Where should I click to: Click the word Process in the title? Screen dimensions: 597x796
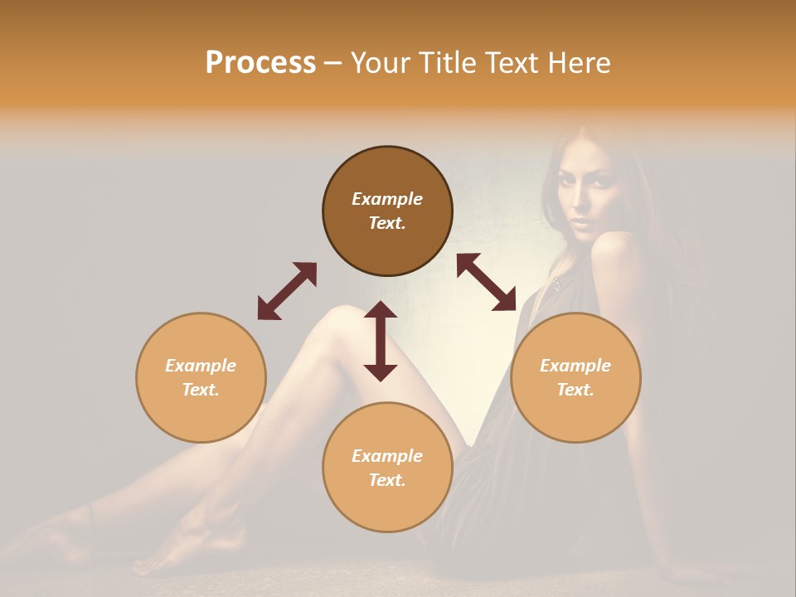(260, 63)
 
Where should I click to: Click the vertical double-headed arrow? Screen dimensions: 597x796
(381, 341)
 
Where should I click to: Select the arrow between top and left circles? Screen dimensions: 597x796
(287, 291)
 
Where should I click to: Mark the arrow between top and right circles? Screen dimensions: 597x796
(487, 282)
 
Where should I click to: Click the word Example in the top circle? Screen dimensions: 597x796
(387, 199)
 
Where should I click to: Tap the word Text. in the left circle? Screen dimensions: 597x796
(201, 390)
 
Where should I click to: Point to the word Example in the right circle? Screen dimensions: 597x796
(575, 366)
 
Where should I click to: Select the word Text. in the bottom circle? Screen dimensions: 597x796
(387, 480)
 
